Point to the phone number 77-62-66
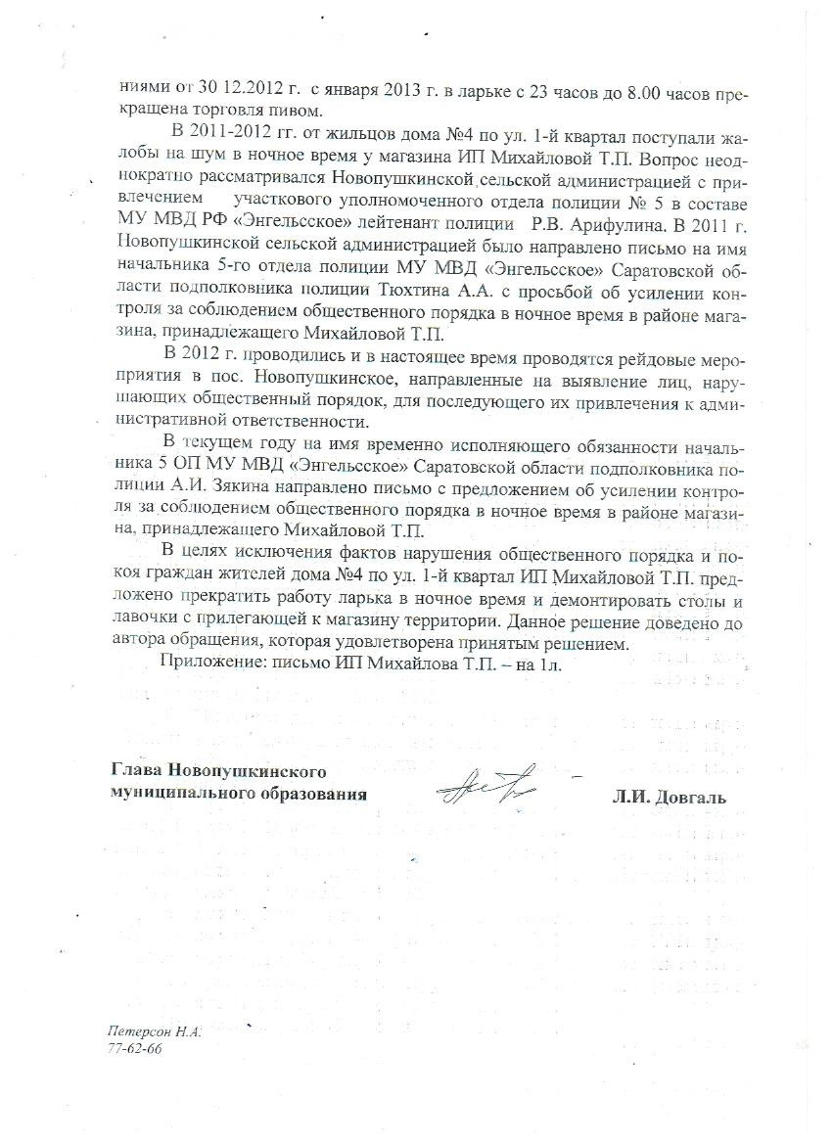(135, 1048)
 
